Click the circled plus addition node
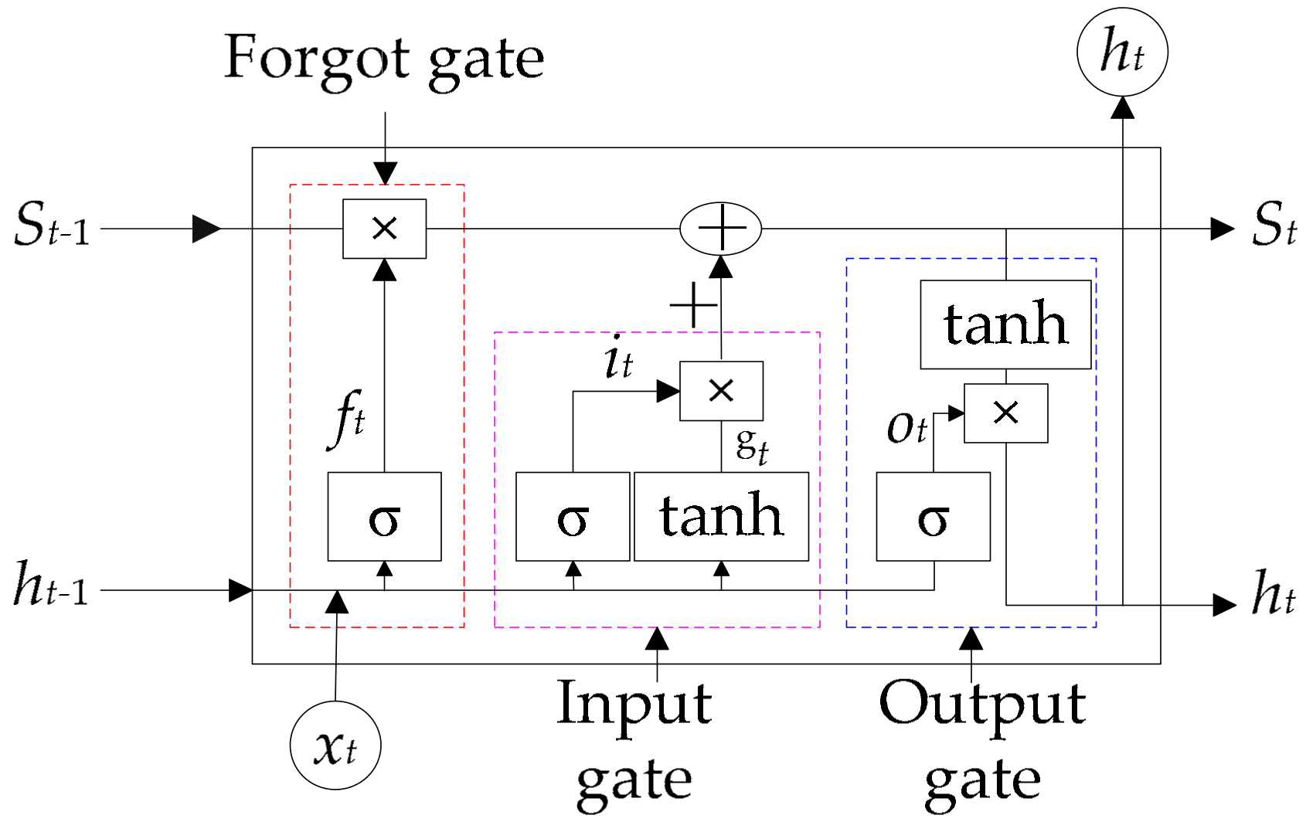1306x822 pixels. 720,229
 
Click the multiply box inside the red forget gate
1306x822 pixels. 384,229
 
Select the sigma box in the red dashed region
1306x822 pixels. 384,517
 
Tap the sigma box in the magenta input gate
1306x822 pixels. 573,517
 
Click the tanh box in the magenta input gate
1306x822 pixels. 721,517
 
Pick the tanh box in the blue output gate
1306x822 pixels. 1005,324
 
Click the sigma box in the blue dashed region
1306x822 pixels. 933,517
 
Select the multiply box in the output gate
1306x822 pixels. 1005,413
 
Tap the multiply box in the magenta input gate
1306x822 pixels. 721,391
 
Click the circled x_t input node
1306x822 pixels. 335,746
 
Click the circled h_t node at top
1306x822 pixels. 1122,52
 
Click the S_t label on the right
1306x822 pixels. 1273,226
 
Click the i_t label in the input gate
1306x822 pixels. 618,357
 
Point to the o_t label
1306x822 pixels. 906,427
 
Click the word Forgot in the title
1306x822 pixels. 317,59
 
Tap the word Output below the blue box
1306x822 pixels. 981,705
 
